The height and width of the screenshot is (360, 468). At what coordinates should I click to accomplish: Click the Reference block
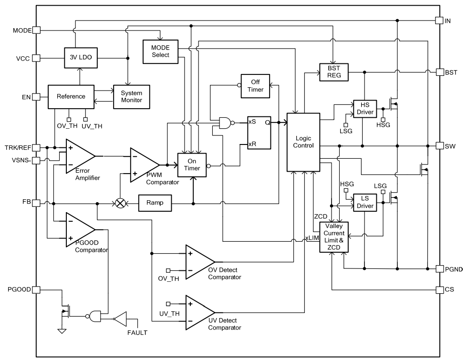pos(71,96)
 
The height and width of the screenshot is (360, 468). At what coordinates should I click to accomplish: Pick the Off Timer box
pos(255,86)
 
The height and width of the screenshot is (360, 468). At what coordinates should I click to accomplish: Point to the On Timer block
pos(192,165)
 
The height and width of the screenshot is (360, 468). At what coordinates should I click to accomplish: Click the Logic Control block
pos(302,142)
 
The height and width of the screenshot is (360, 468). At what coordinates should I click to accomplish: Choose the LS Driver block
pos(364,203)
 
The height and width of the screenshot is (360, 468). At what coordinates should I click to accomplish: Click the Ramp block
pos(154,203)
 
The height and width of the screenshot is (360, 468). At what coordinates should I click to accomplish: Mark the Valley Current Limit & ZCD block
pos(333,237)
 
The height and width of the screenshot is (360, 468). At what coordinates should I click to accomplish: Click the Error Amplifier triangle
pos(78,155)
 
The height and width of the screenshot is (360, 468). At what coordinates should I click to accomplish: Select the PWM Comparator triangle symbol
pos(143,165)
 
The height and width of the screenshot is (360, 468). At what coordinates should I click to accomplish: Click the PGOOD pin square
pos(36,290)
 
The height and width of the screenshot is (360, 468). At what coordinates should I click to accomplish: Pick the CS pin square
pos(439,289)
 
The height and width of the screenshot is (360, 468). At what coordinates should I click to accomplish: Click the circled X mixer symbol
pos(121,203)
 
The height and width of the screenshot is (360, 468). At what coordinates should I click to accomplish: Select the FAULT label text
pos(137,332)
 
